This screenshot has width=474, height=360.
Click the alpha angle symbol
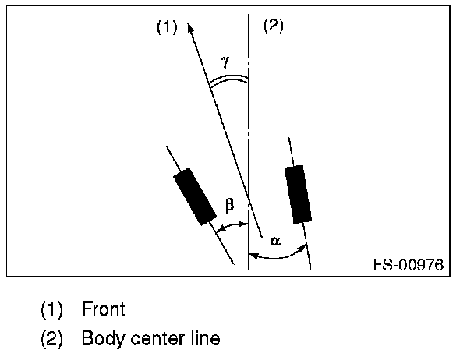274,240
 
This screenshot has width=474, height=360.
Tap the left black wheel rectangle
194,196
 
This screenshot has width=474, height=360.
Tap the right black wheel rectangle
298,193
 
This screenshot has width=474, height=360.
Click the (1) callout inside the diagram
167,27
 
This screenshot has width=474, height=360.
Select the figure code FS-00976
408,265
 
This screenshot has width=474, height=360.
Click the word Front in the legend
103,309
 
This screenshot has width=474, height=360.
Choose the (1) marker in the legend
52,309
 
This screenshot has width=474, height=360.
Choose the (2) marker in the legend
52,339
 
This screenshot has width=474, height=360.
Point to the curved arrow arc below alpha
277,255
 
